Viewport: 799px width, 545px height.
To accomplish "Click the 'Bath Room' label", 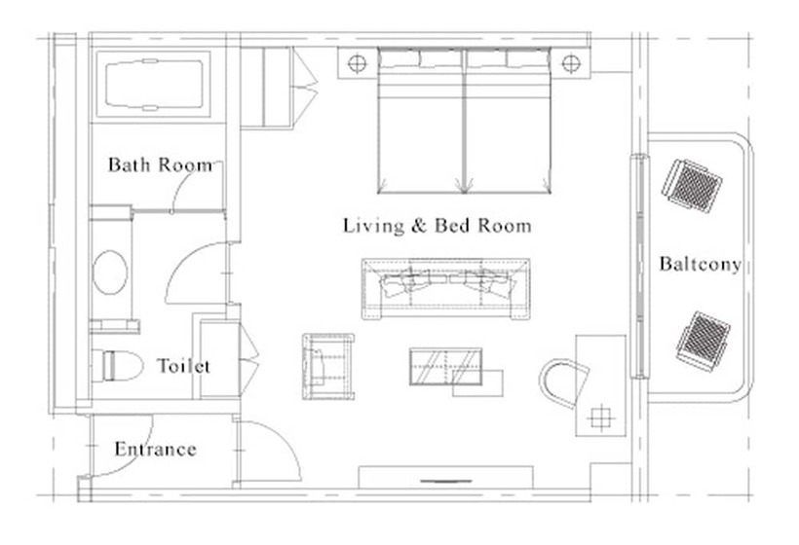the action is click(160, 164).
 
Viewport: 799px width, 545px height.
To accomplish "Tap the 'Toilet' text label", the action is click(183, 366).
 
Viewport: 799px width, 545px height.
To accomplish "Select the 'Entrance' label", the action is click(156, 449).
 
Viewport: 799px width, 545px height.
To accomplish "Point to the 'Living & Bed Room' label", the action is click(438, 226).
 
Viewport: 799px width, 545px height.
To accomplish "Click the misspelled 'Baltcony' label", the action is click(701, 264).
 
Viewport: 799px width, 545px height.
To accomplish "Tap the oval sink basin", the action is click(110, 272).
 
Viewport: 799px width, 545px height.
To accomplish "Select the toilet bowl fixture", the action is click(117, 365).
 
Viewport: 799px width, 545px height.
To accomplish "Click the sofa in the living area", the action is click(445, 288).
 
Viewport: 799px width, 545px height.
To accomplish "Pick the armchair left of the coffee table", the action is click(328, 366).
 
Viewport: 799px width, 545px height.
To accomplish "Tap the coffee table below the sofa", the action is click(446, 366).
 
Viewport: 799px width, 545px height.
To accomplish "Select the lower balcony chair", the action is click(704, 339).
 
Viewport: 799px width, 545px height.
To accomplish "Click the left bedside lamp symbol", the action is click(358, 63).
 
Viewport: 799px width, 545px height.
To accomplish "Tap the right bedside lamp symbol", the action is click(571, 63).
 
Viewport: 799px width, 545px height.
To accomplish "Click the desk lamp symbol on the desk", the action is click(601, 418).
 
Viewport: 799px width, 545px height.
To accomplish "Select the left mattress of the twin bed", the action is click(420, 121).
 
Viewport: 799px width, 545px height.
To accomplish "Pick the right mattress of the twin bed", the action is click(508, 121).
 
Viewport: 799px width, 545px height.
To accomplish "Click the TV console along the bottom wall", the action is click(446, 477).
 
